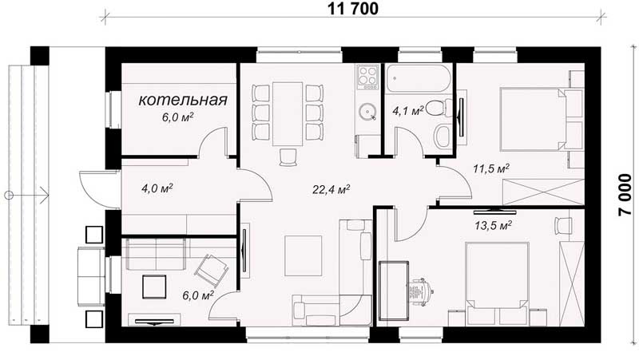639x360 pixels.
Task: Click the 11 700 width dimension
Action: click(x=353, y=9)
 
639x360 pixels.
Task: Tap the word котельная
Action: click(x=183, y=101)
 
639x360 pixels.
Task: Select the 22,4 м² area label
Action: click(x=331, y=189)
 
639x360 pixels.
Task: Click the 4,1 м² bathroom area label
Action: click(x=408, y=110)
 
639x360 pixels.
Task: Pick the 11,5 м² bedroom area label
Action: click(x=491, y=168)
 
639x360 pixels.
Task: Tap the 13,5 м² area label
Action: click(x=494, y=225)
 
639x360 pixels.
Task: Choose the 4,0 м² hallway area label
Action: click(x=157, y=188)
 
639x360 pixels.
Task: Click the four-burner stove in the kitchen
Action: click(x=368, y=77)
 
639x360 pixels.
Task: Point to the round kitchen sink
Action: click(x=368, y=112)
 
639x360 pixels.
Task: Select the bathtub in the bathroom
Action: click(x=418, y=78)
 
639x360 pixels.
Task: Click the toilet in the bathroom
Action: click(x=439, y=108)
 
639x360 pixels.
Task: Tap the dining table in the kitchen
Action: click(x=288, y=113)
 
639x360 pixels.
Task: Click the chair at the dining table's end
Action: click(x=288, y=157)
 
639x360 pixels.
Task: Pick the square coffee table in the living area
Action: click(x=304, y=255)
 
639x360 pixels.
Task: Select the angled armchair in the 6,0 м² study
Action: click(x=212, y=271)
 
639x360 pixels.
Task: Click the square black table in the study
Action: click(x=154, y=287)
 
